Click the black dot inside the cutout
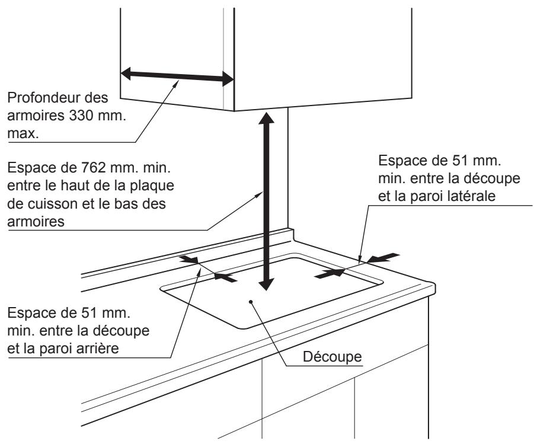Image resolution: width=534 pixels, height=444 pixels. click(x=251, y=301)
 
